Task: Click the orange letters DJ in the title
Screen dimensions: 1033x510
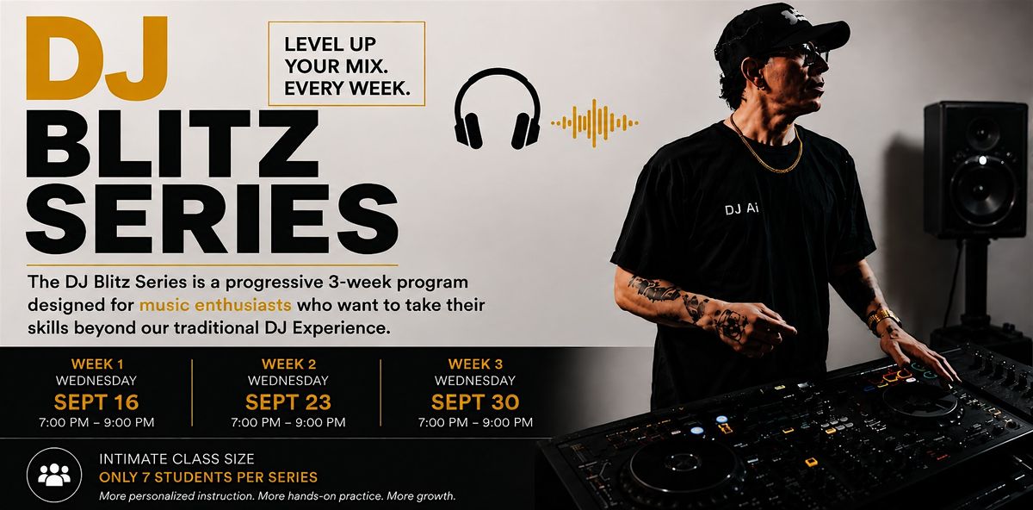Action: (96, 59)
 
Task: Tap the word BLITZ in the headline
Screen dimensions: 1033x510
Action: (172, 144)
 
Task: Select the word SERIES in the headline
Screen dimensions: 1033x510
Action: (212, 219)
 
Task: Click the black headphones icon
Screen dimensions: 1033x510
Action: (498, 109)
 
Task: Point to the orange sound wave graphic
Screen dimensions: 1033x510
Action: (595, 123)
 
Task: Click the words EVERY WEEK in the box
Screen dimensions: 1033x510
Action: (347, 88)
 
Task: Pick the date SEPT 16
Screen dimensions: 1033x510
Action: (96, 402)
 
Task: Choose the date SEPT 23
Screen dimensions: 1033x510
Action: (288, 402)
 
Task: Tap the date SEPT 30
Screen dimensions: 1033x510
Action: (475, 402)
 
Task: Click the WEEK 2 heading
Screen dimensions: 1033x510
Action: (288, 364)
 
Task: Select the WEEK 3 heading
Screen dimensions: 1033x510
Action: (475, 364)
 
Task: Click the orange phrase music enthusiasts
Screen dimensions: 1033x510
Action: (215, 305)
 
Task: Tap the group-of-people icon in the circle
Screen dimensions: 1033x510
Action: (54, 475)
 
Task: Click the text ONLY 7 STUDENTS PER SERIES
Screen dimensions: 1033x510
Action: (208, 477)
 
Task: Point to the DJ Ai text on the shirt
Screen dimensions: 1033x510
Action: (741, 209)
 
